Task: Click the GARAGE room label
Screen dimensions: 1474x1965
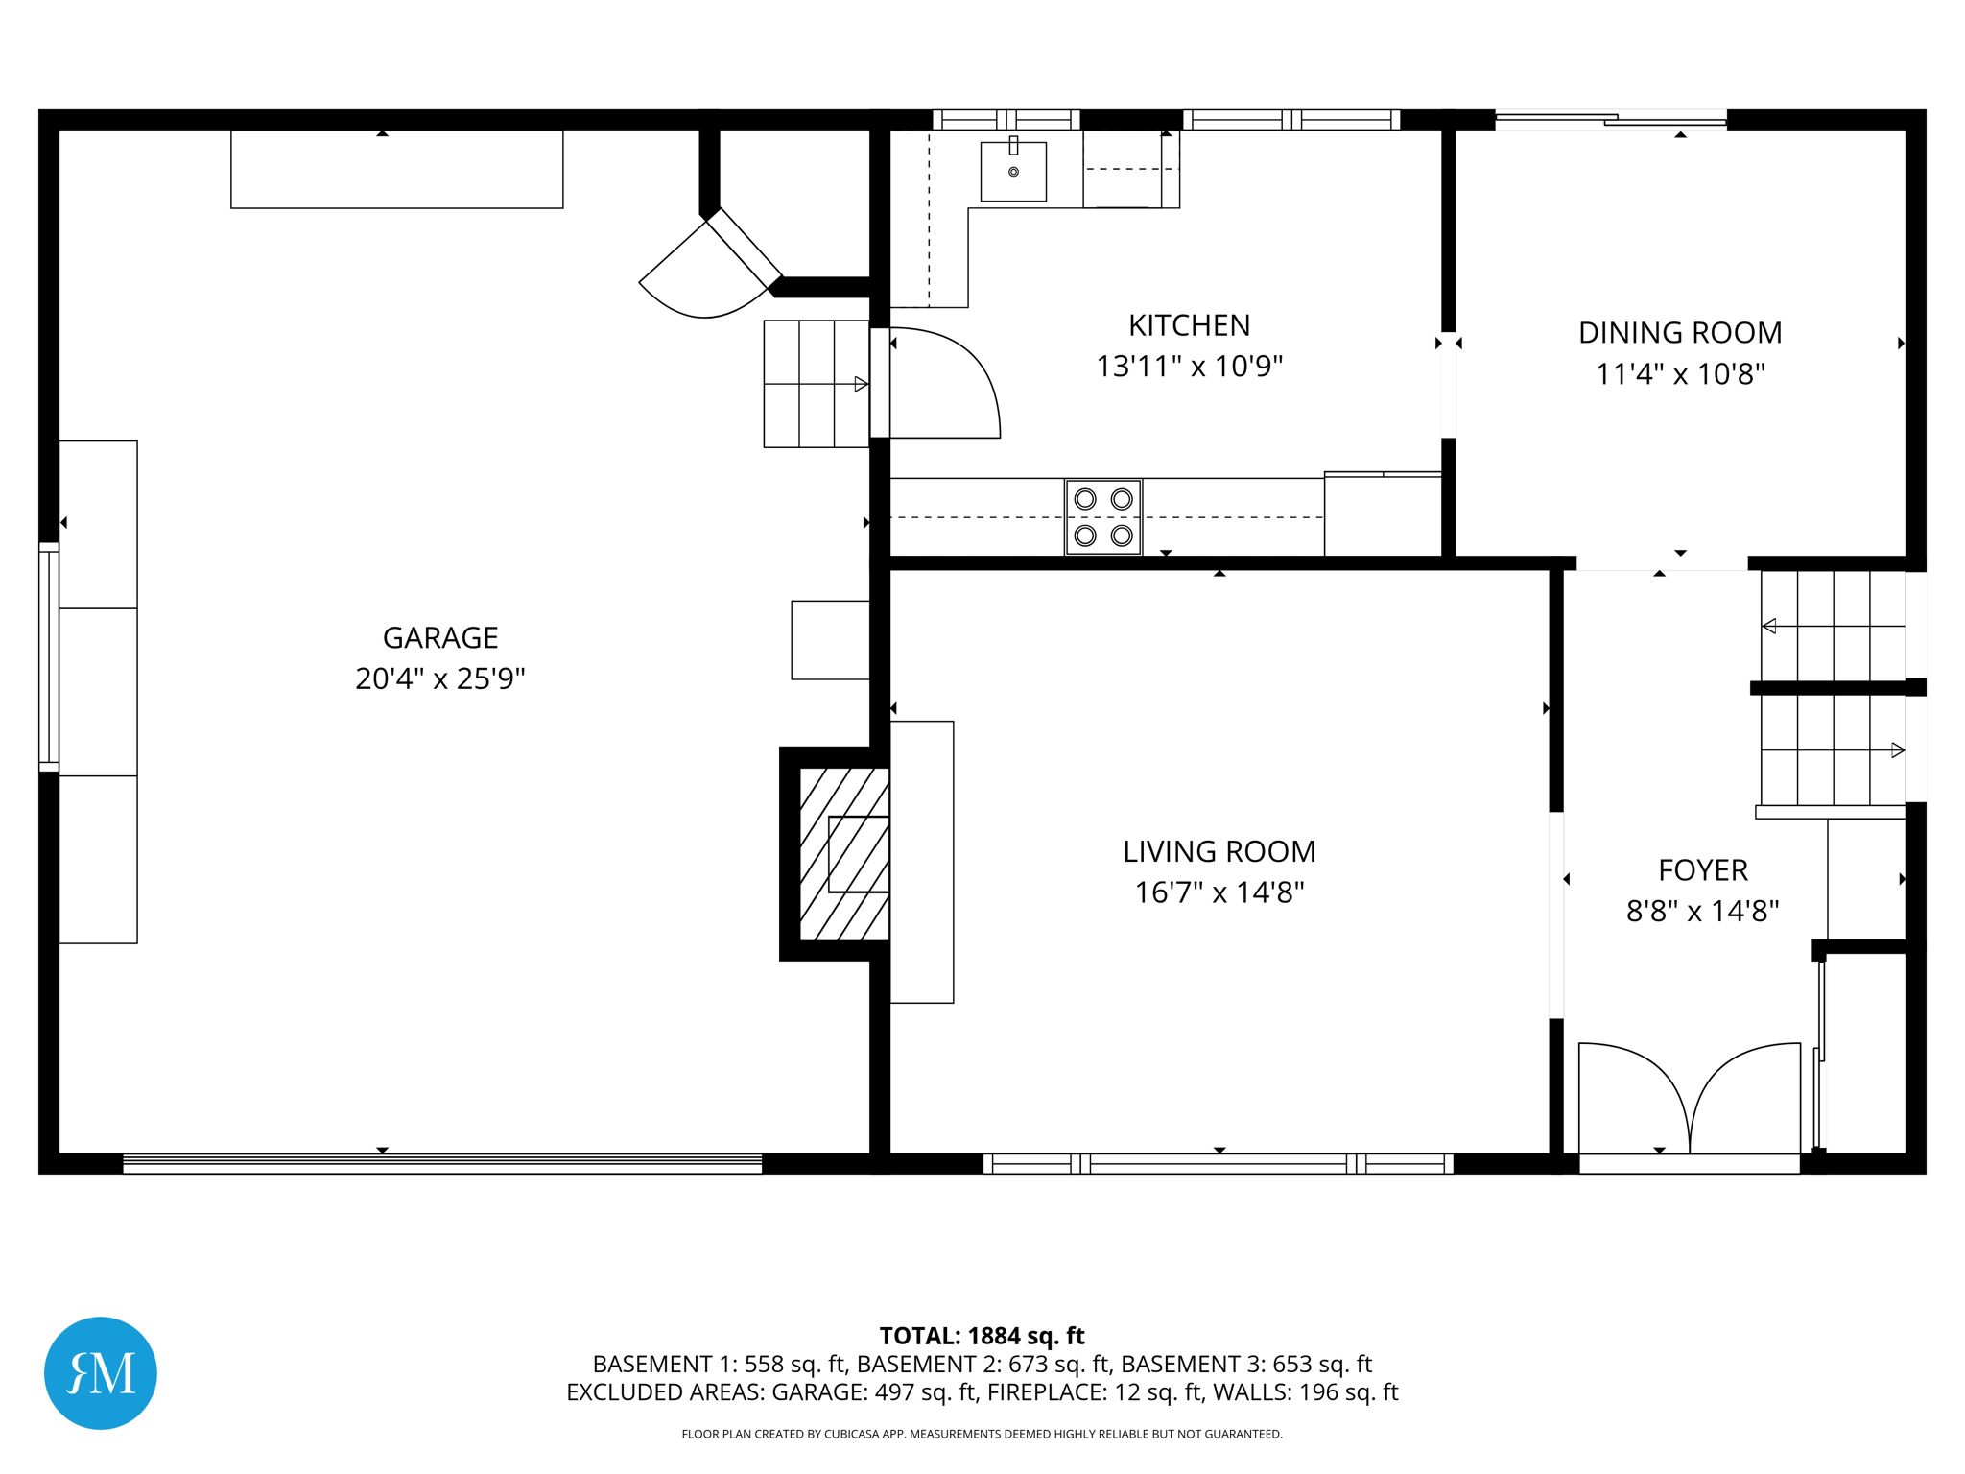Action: pyautogui.click(x=440, y=637)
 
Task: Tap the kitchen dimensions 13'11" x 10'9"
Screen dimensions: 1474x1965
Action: pyautogui.click(x=1189, y=367)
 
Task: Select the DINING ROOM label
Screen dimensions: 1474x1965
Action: pyautogui.click(x=1679, y=332)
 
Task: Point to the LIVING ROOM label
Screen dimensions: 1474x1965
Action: pyautogui.click(x=1219, y=851)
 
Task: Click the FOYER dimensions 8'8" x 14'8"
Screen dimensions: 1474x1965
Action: pyautogui.click(x=1702, y=911)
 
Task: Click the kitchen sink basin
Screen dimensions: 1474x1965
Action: pyautogui.click(x=1013, y=172)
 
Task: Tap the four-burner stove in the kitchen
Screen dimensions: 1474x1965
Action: pyautogui.click(x=1102, y=517)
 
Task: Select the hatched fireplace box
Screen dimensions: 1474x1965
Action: pyautogui.click(x=843, y=854)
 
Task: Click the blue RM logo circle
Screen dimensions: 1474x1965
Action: pyautogui.click(x=101, y=1372)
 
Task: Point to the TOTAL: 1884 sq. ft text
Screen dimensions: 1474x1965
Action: pyautogui.click(x=982, y=1336)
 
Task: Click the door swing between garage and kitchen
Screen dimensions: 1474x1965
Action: pyautogui.click(x=945, y=384)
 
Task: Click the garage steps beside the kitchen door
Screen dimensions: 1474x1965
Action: pyautogui.click(x=816, y=384)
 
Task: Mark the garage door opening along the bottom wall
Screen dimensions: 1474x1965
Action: pyautogui.click(x=442, y=1163)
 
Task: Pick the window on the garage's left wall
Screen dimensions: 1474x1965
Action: pyautogui.click(x=48, y=656)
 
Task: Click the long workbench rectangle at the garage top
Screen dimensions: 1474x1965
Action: pyautogui.click(x=396, y=169)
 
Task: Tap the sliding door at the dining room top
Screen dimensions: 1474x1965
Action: pyautogui.click(x=1611, y=120)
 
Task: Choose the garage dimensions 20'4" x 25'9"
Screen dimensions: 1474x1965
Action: pyautogui.click(x=440, y=678)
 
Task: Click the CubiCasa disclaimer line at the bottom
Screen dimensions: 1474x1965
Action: pyautogui.click(x=982, y=1434)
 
